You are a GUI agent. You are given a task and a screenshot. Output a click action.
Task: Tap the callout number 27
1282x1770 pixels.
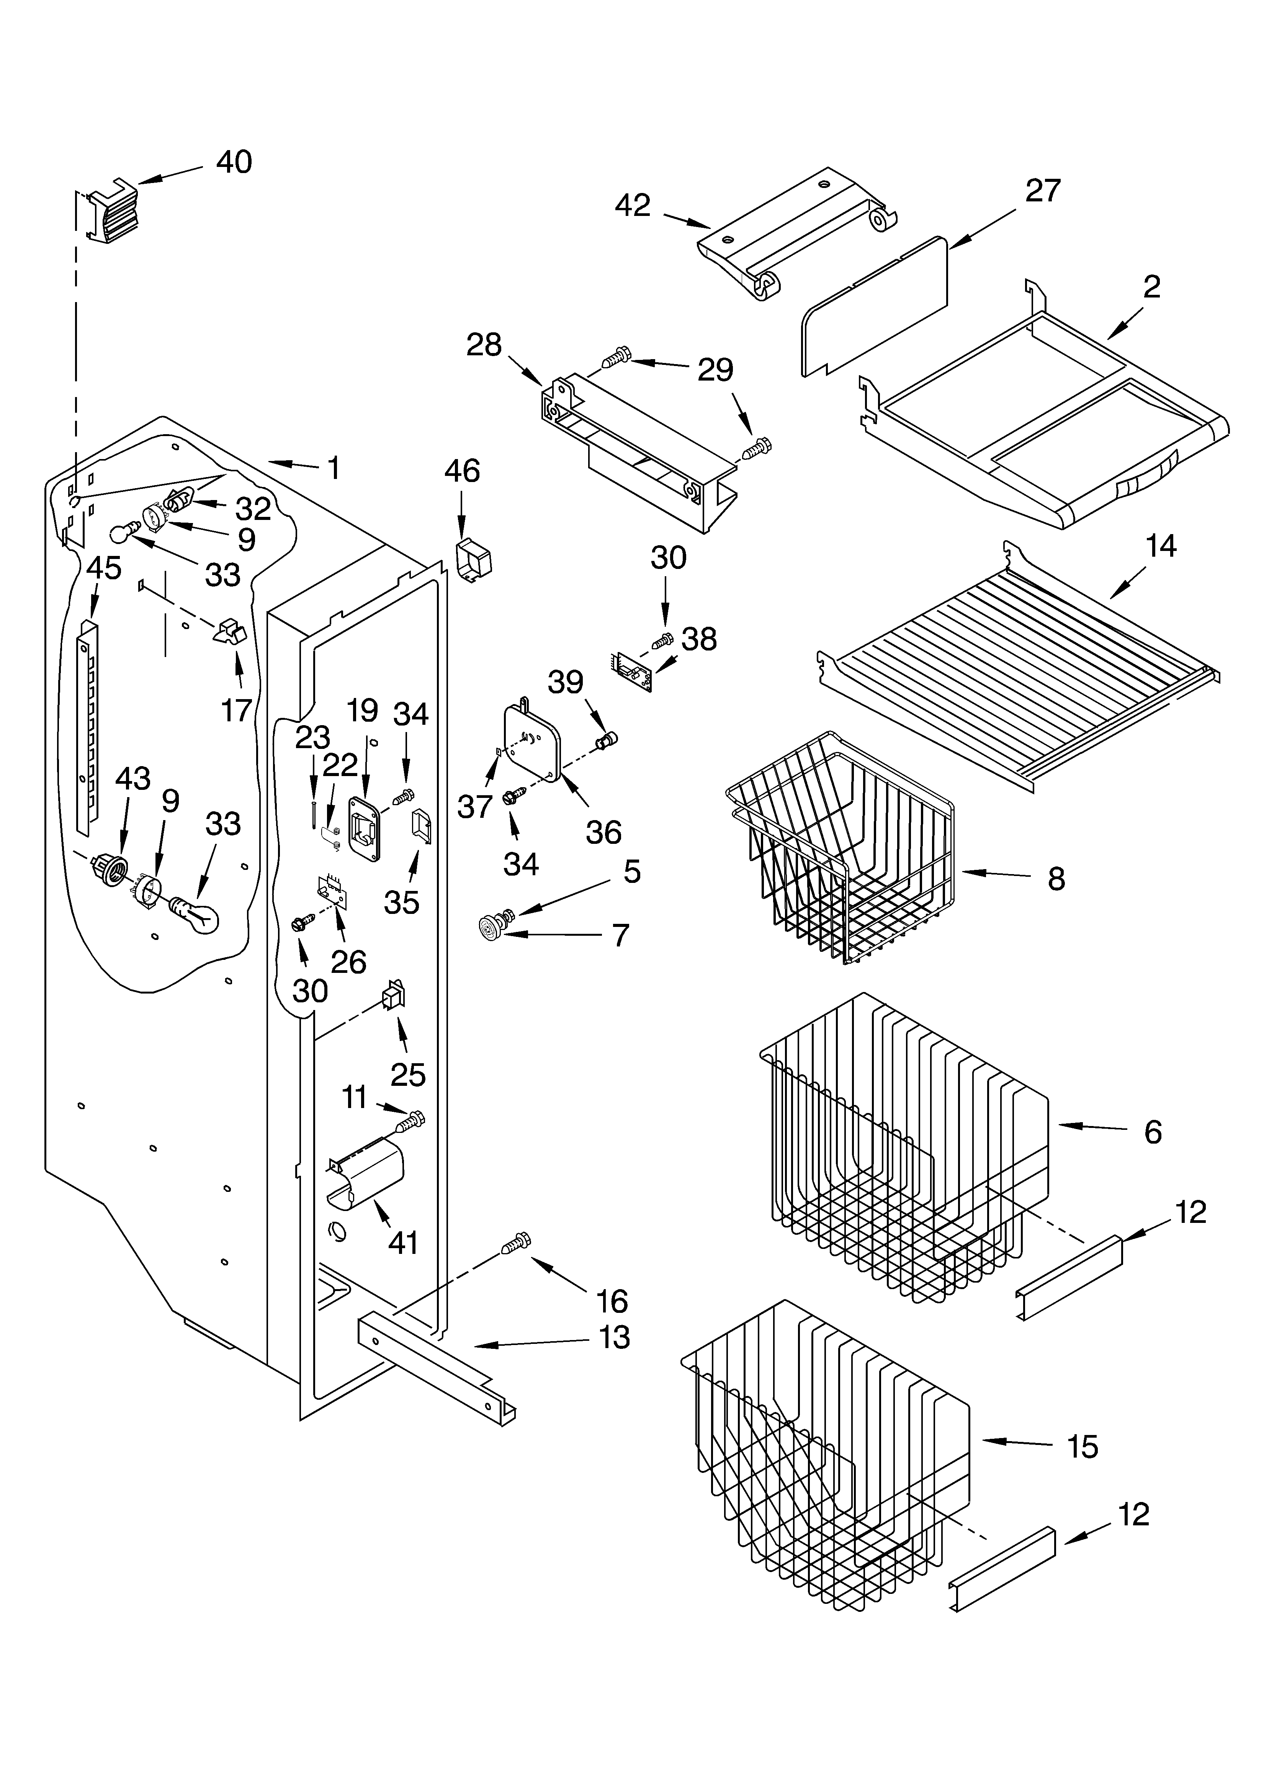pos(1043,190)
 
